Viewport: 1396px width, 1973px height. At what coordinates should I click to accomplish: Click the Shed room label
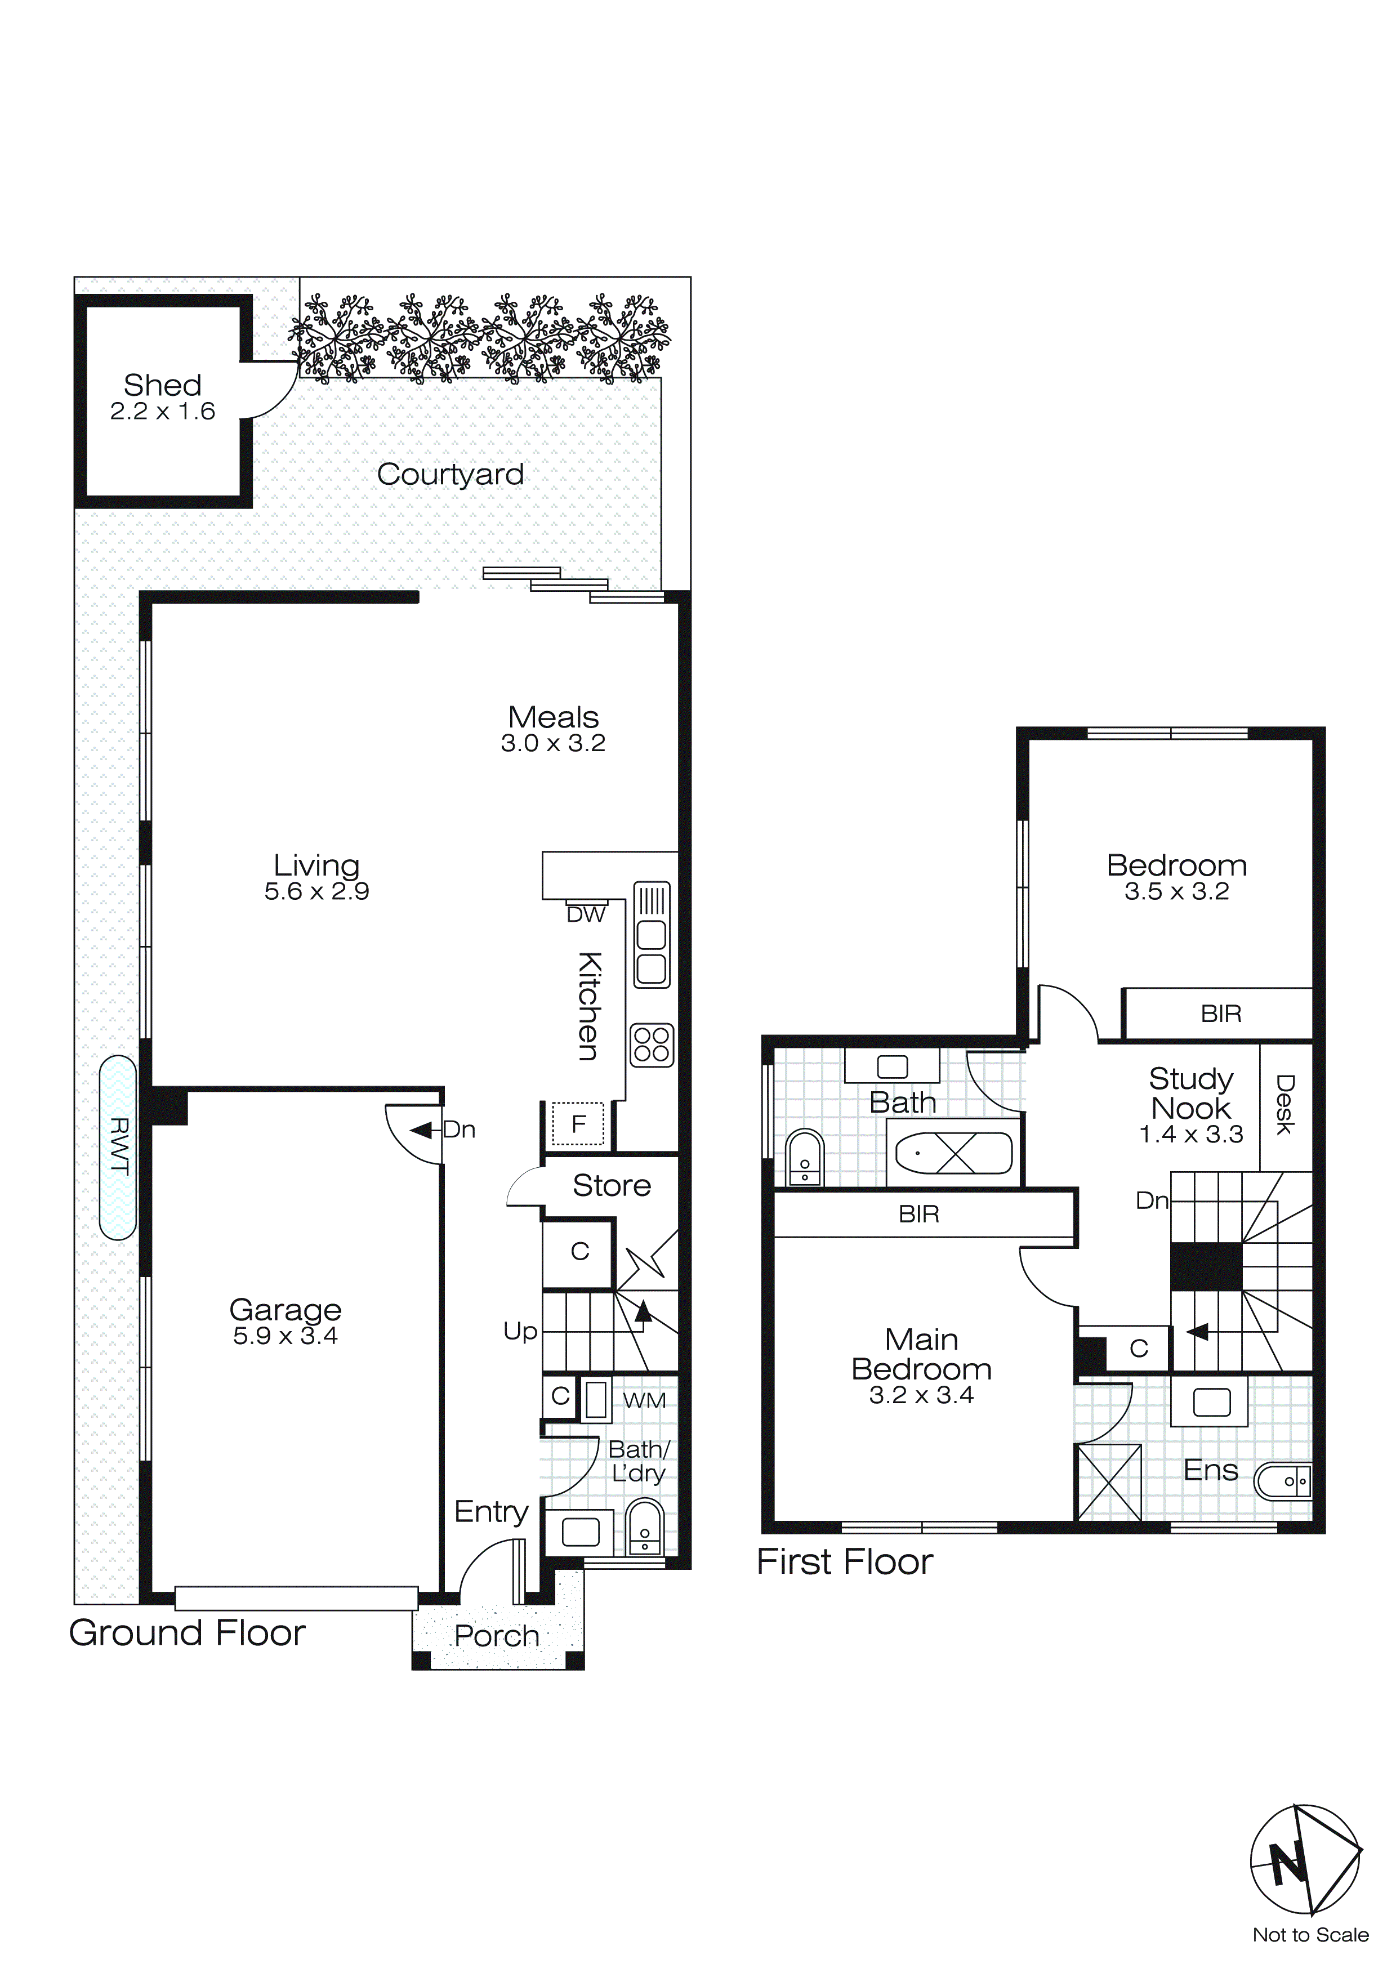tap(163, 385)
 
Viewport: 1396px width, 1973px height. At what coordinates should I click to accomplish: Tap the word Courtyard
tap(451, 474)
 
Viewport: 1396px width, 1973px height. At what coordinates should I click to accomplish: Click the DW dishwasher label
tap(586, 915)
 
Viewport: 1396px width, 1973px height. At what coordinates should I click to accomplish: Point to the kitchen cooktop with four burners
tap(652, 1045)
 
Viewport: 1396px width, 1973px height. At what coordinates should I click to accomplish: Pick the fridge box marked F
tap(578, 1123)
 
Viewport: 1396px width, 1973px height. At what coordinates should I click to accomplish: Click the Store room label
tap(611, 1186)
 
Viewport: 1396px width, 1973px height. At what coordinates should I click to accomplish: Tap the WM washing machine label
tap(644, 1401)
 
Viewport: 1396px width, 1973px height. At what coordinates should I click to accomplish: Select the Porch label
tap(497, 1635)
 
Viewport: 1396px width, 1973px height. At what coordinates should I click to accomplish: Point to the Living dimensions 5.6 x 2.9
tap(316, 891)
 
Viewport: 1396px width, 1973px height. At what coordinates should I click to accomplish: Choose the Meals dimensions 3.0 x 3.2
tap(553, 743)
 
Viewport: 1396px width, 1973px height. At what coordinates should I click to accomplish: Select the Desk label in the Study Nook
tap(1285, 1104)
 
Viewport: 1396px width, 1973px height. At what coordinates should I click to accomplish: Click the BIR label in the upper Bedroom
tap(1221, 1014)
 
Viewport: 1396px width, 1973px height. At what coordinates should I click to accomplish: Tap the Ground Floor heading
tap(188, 1633)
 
